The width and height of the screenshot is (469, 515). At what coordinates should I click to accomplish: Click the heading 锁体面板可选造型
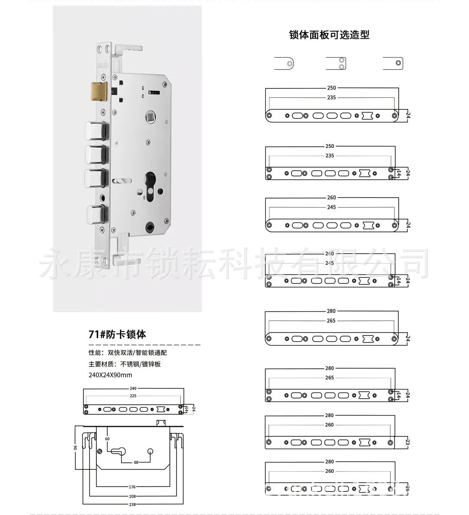tap(329, 35)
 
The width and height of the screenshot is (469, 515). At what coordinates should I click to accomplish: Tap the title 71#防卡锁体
tap(117, 334)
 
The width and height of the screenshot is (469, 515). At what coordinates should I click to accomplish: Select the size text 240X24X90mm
tap(110, 375)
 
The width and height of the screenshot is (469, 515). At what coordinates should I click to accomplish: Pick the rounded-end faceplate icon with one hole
tap(284, 63)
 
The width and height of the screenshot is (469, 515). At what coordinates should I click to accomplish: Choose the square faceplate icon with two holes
tap(337, 63)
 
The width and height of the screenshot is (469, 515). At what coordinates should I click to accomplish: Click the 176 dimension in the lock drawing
tap(132, 487)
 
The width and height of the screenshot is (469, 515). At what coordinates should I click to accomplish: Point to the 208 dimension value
tap(132, 496)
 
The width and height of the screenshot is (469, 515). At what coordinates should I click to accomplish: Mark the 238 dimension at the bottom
tap(132, 505)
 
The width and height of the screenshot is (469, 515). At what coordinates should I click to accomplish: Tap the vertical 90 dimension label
tap(75, 448)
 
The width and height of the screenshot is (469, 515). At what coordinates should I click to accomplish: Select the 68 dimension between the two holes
tap(136, 462)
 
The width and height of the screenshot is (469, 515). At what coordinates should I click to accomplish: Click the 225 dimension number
tap(133, 396)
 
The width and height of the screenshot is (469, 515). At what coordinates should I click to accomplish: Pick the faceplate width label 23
tap(407, 442)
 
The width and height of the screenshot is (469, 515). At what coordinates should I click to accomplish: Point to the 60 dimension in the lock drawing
tap(107, 439)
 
